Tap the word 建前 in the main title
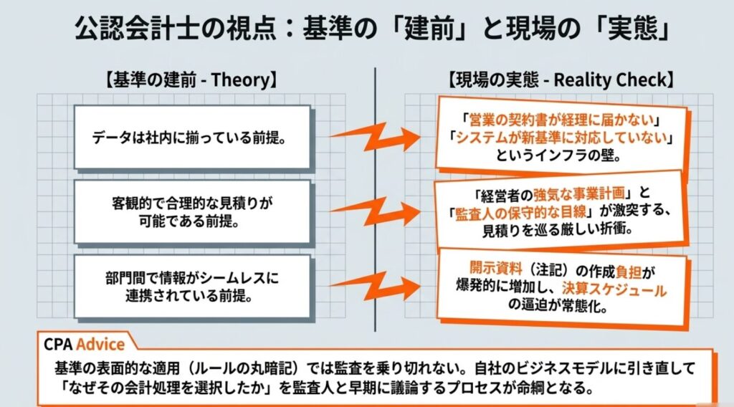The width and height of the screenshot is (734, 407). coord(430,28)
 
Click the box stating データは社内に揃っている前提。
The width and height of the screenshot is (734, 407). coord(192,137)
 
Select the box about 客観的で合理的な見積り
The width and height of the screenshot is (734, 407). coord(192,212)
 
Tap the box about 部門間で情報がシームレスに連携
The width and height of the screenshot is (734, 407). coord(192,287)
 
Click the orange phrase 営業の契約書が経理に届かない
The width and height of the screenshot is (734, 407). coord(561,120)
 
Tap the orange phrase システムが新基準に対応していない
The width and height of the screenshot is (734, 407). coord(561,138)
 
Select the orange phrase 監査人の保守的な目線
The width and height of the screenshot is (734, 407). coord(520,212)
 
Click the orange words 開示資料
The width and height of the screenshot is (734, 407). coord(495,268)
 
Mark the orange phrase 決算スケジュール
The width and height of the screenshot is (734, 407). coord(614,289)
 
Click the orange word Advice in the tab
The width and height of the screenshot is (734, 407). coord(100,345)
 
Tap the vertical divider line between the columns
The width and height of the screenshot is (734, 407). coord(375,199)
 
